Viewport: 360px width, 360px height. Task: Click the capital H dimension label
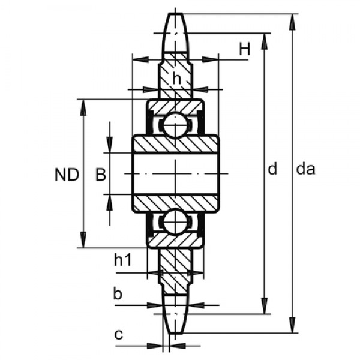click(244, 50)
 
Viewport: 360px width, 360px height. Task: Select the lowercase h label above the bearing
click(176, 78)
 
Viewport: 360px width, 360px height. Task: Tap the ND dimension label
click(67, 175)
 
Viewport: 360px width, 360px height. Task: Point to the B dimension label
click(101, 175)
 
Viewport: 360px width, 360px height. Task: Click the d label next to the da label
click(272, 170)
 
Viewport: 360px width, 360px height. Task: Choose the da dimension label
click(306, 170)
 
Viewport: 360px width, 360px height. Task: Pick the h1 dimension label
click(122, 260)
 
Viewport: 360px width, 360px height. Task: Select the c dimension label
click(119, 334)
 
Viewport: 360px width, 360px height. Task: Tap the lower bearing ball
click(175, 221)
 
